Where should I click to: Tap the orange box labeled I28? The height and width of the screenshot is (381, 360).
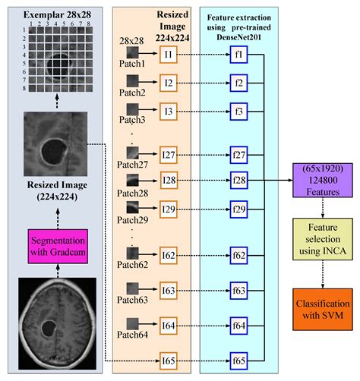(169, 181)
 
